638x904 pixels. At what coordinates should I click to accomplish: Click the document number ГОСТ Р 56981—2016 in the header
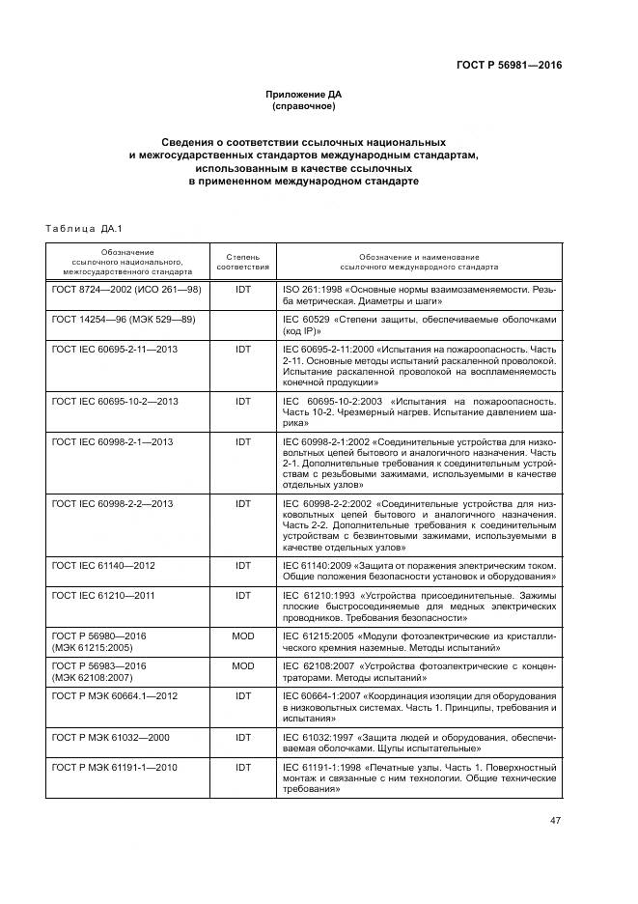pyautogui.click(x=509, y=67)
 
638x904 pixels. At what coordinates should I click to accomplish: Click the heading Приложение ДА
pyautogui.click(x=303, y=94)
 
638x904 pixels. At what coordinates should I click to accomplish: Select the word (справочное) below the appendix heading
pyautogui.click(x=303, y=106)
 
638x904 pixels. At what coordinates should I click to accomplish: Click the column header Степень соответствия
pyautogui.click(x=242, y=262)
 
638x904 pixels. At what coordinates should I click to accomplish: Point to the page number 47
pyautogui.click(x=555, y=821)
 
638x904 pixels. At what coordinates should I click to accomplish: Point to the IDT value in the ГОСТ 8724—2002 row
pyautogui.click(x=242, y=291)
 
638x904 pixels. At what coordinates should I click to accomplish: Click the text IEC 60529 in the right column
pyautogui.click(x=307, y=319)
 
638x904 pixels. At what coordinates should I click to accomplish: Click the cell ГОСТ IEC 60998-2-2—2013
pyautogui.click(x=113, y=503)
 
